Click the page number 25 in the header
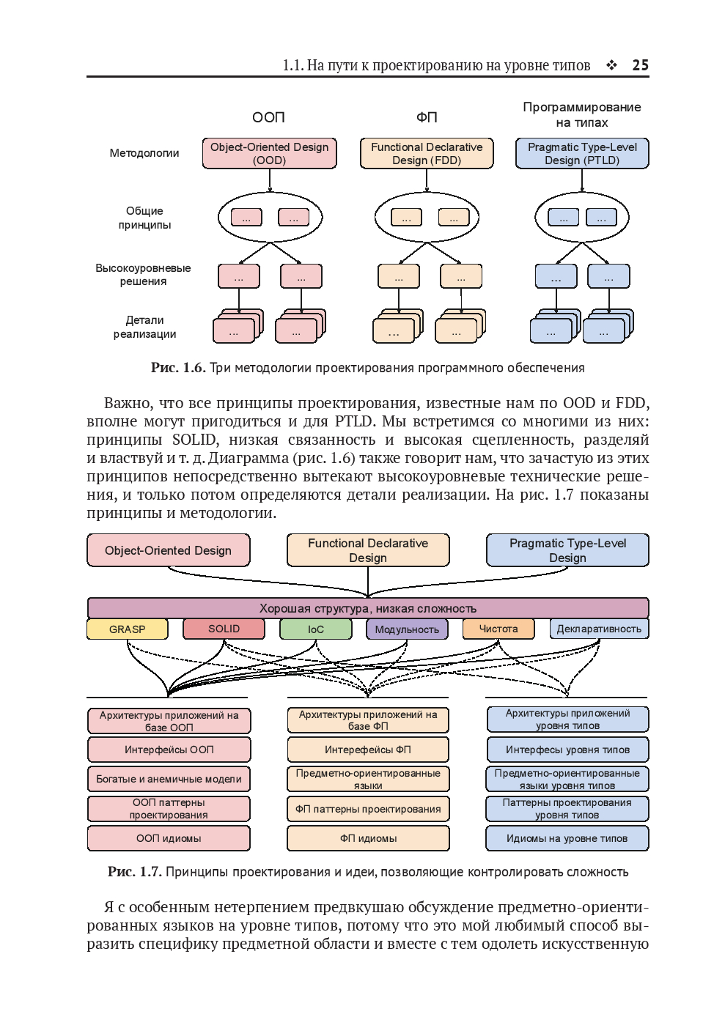click(x=640, y=65)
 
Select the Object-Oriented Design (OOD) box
click(x=269, y=153)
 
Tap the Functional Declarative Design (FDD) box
click(x=427, y=153)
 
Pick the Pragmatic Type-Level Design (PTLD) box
click(x=582, y=153)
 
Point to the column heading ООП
click(x=268, y=117)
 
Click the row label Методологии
click(x=144, y=153)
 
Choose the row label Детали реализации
click(x=144, y=327)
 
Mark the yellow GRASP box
click(x=127, y=629)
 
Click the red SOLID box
click(x=224, y=629)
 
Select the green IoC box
click(x=316, y=629)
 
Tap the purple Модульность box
click(x=407, y=629)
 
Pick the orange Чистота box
click(x=498, y=629)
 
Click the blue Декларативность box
click(x=599, y=629)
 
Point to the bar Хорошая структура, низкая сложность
click(x=367, y=608)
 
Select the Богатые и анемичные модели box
click(x=169, y=779)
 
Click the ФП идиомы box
click(x=368, y=838)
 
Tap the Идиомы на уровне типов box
click(x=567, y=838)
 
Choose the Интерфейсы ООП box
click(x=169, y=750)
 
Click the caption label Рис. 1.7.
click(x=134, y=872)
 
